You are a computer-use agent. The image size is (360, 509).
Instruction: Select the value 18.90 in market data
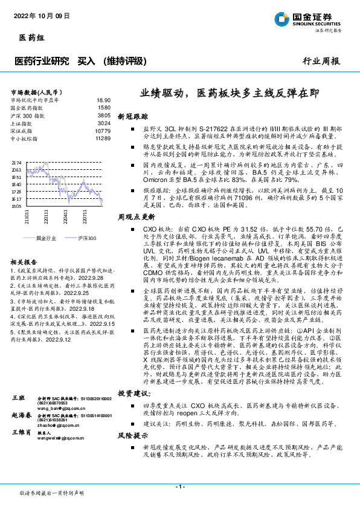tap(103, 100)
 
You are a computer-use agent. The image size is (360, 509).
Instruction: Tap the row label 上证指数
tap(24, 123)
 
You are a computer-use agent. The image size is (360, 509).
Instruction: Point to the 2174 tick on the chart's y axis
tap(16, 163)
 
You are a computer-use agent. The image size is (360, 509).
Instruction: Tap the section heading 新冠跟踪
tap(129, 115)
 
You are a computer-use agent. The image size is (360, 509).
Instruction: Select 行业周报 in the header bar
tap(321, 61)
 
